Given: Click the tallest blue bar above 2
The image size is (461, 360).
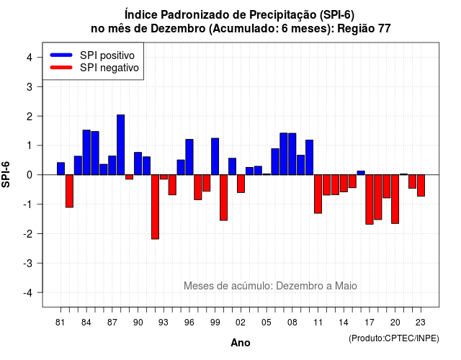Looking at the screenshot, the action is [x=120, y=145].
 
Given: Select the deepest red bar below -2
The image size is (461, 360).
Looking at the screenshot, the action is [x=155, y=207].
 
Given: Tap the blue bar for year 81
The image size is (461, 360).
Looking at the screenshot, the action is [x=61, y=168].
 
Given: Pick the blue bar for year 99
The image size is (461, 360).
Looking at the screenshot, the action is [x=215, y=156].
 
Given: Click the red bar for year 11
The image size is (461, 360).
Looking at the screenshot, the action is [x=318, y=194].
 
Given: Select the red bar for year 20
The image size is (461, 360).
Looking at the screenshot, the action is [x=395, y=199].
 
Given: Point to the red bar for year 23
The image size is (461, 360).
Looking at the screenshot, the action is [x=421, y=186].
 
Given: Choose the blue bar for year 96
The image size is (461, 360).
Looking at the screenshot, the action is [x=189, y=157].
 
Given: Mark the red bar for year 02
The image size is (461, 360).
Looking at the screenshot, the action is [x=241, y=184].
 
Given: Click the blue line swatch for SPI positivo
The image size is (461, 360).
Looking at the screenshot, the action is [x=61, y=55].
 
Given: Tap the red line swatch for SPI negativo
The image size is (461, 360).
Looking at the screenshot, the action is [x=61, y=67].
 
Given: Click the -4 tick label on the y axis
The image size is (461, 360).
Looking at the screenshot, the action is [x=28, y=293].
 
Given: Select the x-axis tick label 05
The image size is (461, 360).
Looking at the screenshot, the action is [x=267, y=323].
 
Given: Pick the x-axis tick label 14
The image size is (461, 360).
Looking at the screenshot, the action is [x=344, y=323].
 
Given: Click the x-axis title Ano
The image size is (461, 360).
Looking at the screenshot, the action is [x=241, y=343].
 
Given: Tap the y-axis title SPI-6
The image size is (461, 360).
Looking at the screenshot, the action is [x=6, y=174].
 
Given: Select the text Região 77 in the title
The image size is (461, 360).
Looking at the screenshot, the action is [x=364, y=29].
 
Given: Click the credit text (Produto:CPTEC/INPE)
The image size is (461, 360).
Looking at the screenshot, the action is [x=394, y=338].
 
